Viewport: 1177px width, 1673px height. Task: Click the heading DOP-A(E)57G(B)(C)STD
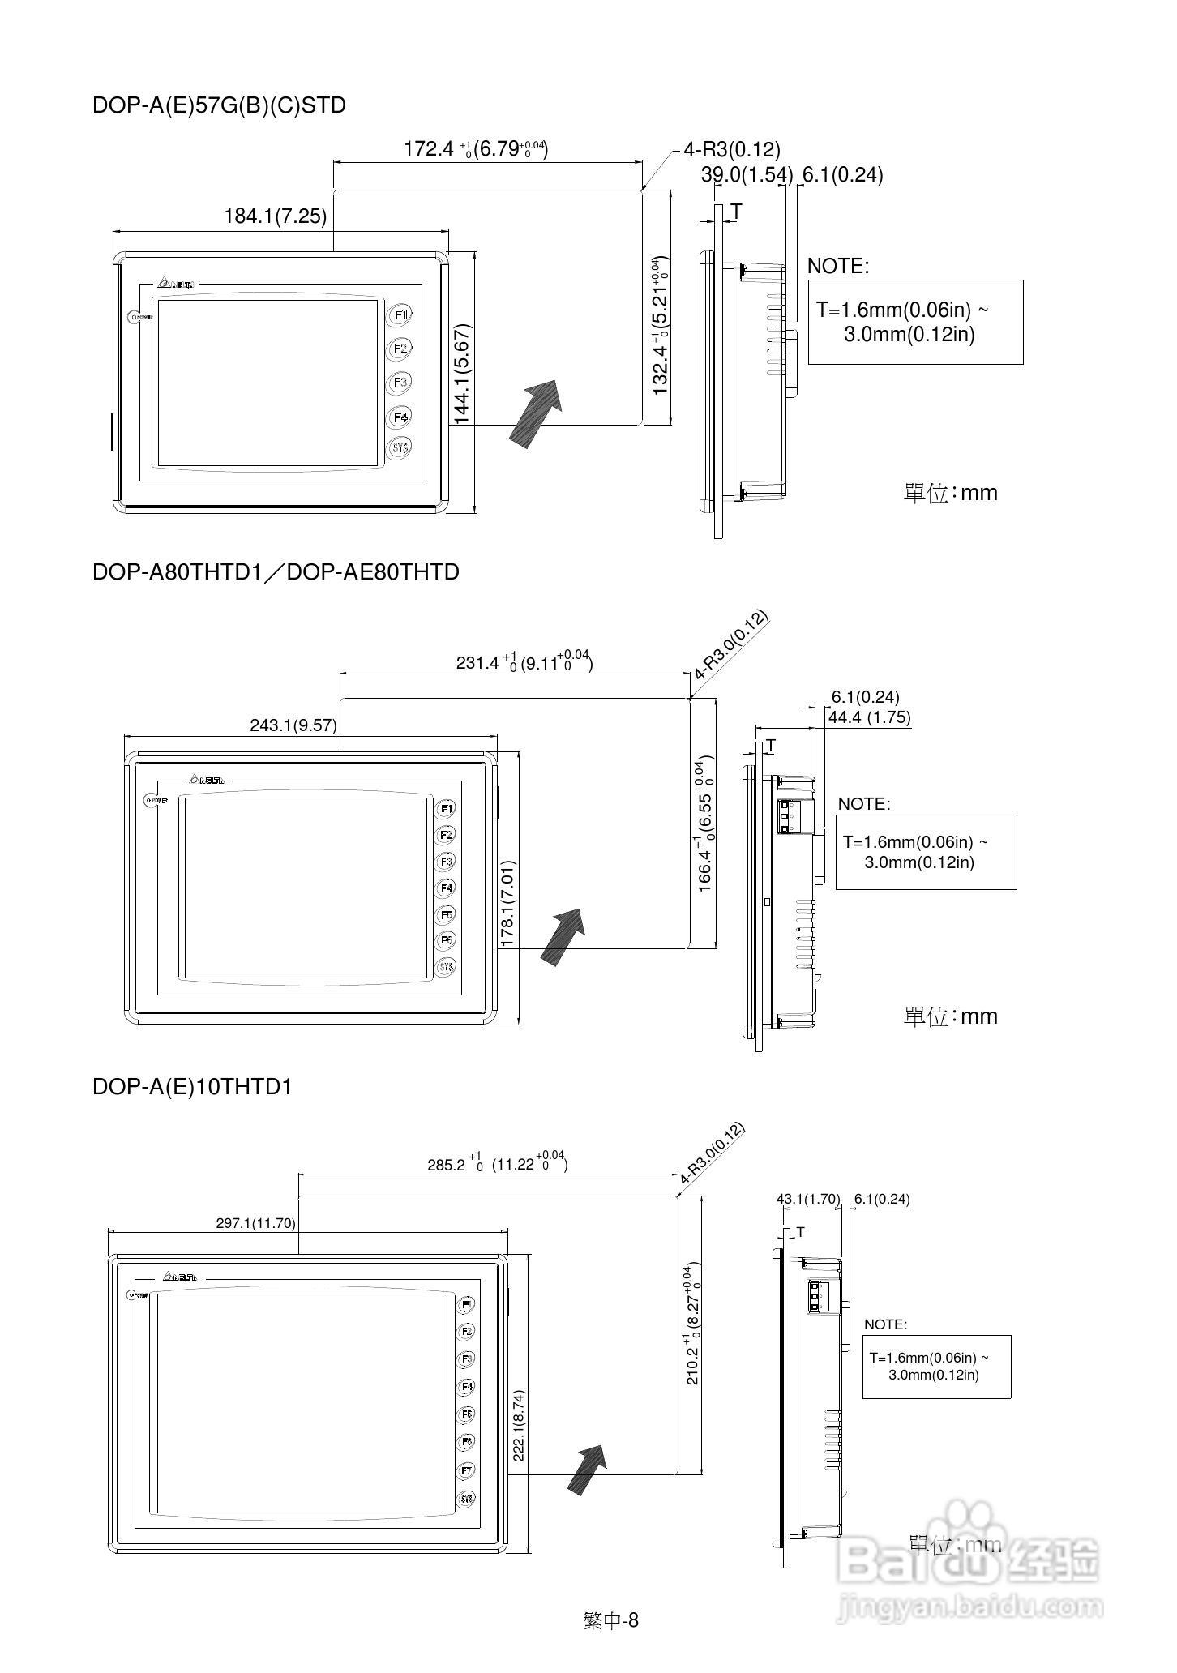point(219,105)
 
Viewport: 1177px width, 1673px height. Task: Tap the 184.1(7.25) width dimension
point(276,216)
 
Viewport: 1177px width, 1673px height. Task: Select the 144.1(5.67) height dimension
point(463,374)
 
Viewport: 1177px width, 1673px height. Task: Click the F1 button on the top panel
point(400,314)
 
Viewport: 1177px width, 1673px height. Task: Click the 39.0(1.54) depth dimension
point(747,175)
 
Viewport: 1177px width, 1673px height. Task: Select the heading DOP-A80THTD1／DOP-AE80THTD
point(276,572)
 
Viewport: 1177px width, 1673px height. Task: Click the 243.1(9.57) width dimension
point(293,725)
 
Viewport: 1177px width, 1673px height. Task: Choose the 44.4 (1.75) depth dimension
point(869,717)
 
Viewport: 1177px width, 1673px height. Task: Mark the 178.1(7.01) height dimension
point(508,904)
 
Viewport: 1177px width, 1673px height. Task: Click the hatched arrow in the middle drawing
point(563,935)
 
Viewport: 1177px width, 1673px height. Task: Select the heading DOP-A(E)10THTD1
point(192,1087)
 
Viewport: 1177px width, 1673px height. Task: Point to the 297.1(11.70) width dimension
point(255,1224)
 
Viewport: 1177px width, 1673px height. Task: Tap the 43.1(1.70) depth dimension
point(808,1200)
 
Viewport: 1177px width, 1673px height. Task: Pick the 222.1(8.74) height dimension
point(519,1425)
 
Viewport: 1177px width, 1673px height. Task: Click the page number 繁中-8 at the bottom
point(611,1620)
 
